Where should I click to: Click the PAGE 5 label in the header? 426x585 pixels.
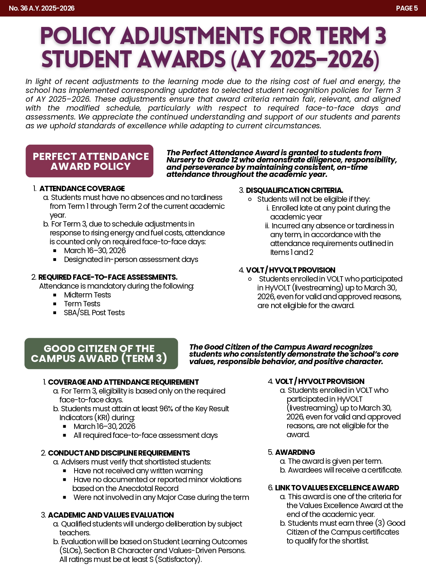tap(406, 8)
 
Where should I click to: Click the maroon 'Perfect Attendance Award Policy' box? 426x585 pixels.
tap(89, 161)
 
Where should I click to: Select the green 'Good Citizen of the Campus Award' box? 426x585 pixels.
tap(101, 353)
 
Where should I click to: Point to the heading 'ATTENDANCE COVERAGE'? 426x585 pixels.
tap(82, 189)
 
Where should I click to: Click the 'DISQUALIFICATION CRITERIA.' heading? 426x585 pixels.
tap(294, 190)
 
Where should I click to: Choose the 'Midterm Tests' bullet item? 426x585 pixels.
tap(87, 295)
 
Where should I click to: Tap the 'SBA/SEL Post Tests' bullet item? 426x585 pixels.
tap(94, 313)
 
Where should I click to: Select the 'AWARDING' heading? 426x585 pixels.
tap(295, 452)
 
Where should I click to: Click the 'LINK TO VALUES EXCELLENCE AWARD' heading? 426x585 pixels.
tap(337, 488)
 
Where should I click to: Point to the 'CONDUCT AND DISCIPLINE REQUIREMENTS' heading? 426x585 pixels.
tap(119, 453)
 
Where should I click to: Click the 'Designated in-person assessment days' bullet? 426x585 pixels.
tap(131, 260)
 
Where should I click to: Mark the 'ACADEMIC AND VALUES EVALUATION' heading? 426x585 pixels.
tap(111, 515)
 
